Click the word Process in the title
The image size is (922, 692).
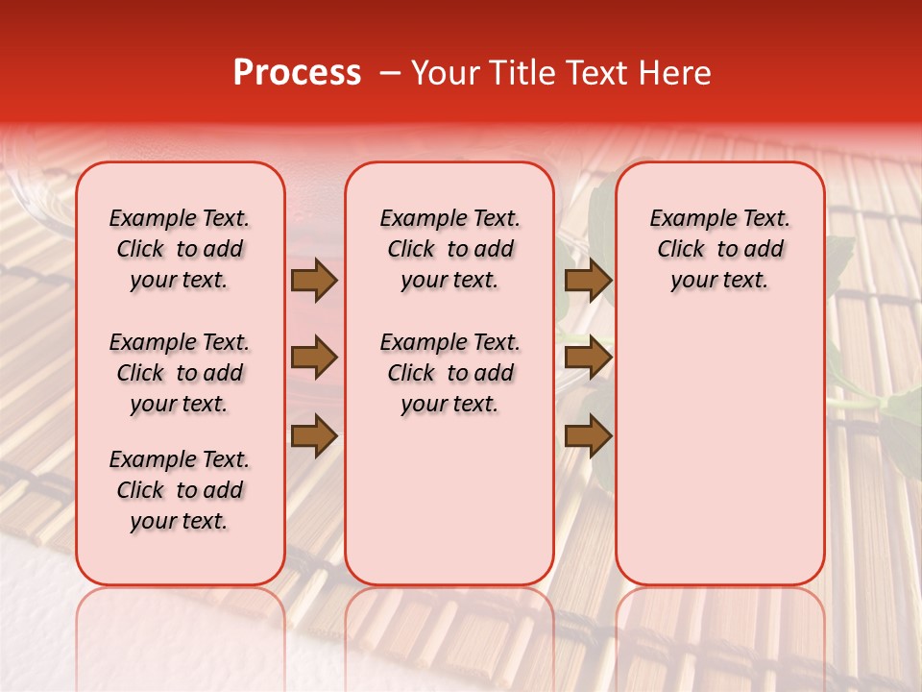coord(296,73)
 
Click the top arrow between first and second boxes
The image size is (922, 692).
coord(314,280)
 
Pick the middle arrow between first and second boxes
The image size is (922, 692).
coord(314,358)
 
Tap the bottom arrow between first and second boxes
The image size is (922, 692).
coord(314,437)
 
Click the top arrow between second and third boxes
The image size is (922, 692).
coord(588,280)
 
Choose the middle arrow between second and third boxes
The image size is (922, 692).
coord(588,358)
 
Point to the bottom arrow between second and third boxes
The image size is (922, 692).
coord(588,437)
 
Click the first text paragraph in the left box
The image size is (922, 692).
coord(180,249)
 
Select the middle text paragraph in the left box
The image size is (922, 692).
coord(180,373)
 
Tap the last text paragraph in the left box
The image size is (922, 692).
coord(180,490)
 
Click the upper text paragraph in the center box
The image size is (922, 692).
coord(449,249)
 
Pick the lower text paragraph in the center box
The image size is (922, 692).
coord(449,373)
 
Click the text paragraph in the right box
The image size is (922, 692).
coord(720,249)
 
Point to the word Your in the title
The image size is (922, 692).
coord(446,73)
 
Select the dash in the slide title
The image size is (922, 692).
coord(390,73)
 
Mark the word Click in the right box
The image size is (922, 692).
coord(681,250)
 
